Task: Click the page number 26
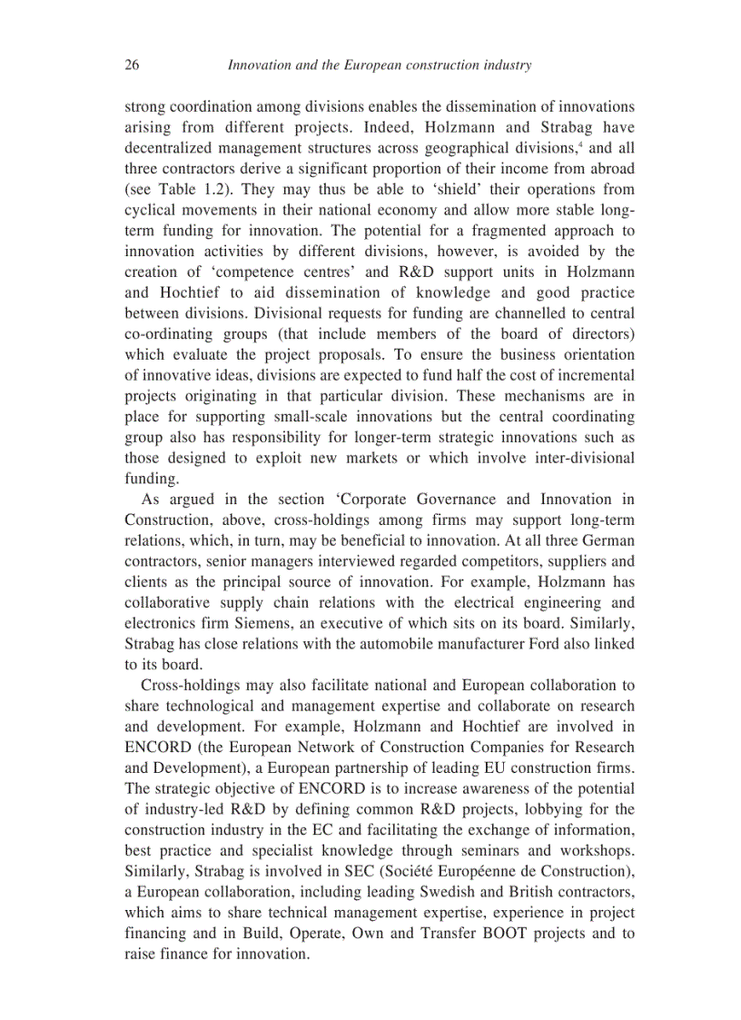132,64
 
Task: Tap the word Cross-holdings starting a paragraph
189,685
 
